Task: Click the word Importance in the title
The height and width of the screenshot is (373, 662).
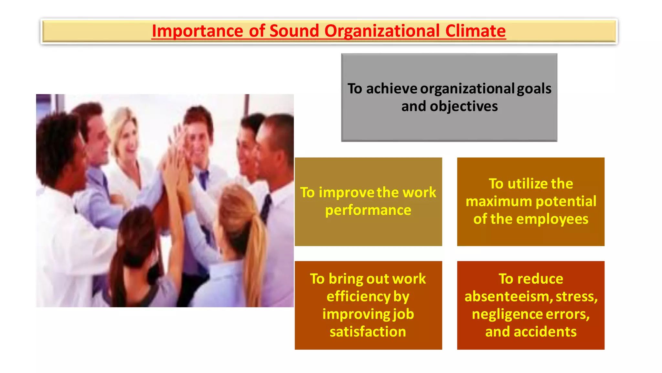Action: [x=197, y=31]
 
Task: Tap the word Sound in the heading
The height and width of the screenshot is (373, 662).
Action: [x=294, y=31]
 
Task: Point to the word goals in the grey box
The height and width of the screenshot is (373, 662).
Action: [x=534, y=89]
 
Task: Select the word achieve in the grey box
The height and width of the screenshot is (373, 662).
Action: [x=391, y=89]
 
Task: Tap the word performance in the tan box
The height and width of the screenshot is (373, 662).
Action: [x=368, y=210]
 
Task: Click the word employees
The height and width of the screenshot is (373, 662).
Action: [x=552, y=219]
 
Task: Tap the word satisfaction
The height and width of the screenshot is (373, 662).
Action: [x=368, y=332]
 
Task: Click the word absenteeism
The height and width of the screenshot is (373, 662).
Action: [x=508, y=297]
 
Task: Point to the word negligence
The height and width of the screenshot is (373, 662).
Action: [x=507, y=314]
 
